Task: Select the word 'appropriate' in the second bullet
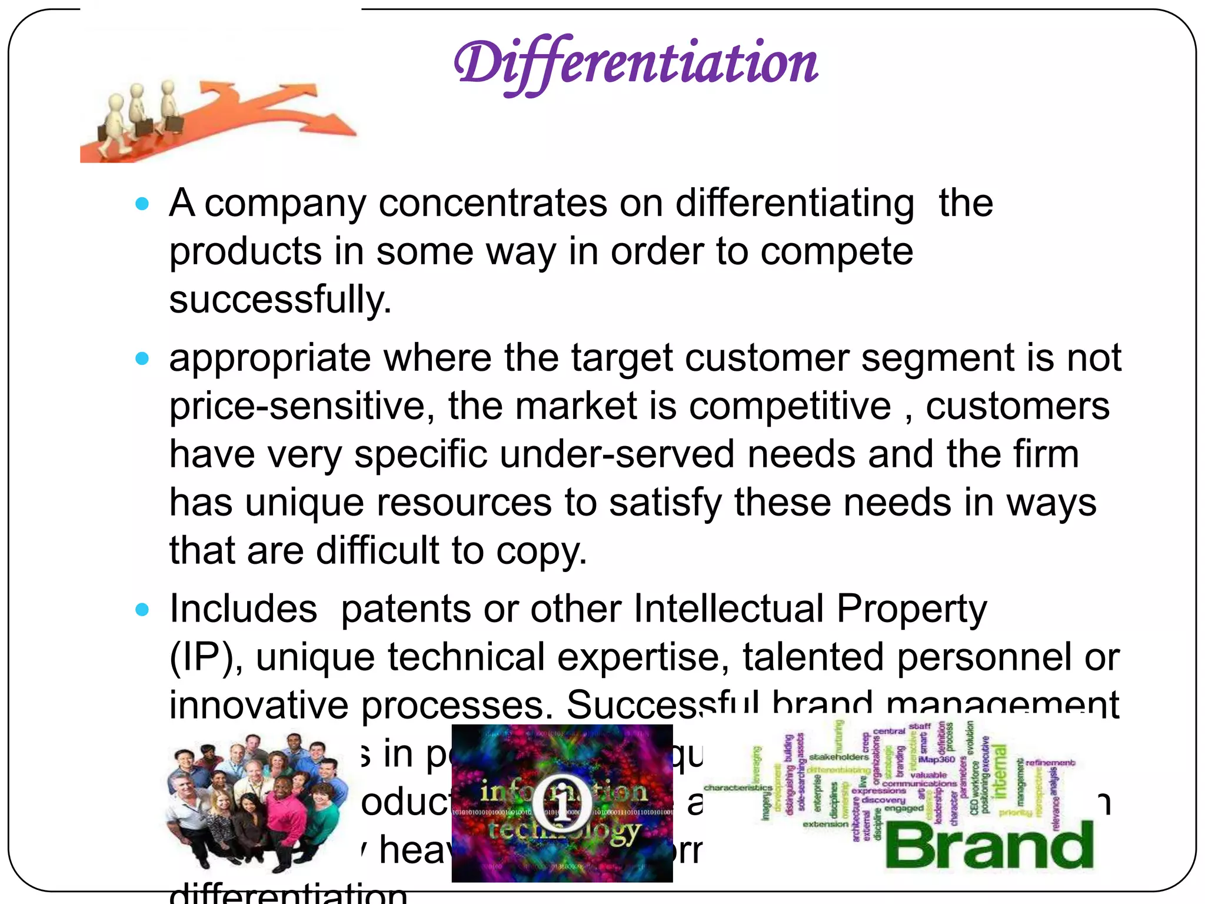pyautogui.click(x=270, y=359)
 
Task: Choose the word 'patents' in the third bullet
pyautogui.click(x=406, y=609)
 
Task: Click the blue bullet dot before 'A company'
pyautogui.click(x=142, y=204)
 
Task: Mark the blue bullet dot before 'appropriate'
pyautogui.click(x=142, y=358)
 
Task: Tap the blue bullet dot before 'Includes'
pyautogui.click(x=142, y=610)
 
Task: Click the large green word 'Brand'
pyautogui.click(x=990, y=846)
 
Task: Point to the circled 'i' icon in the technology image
pyautogui.click(x=562, y=799)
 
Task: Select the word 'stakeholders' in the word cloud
pyautogui.click(x=838, y=757)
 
